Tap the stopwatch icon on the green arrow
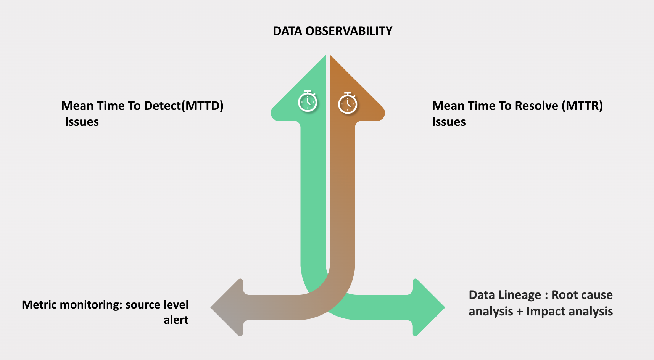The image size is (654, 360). point(308,101)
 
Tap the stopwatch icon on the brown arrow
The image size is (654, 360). point(348,103)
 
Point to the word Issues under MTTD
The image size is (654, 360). point(82,122)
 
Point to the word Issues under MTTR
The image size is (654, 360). point(449,122)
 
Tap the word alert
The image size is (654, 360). point(176,320)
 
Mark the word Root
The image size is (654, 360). point(564,295)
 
